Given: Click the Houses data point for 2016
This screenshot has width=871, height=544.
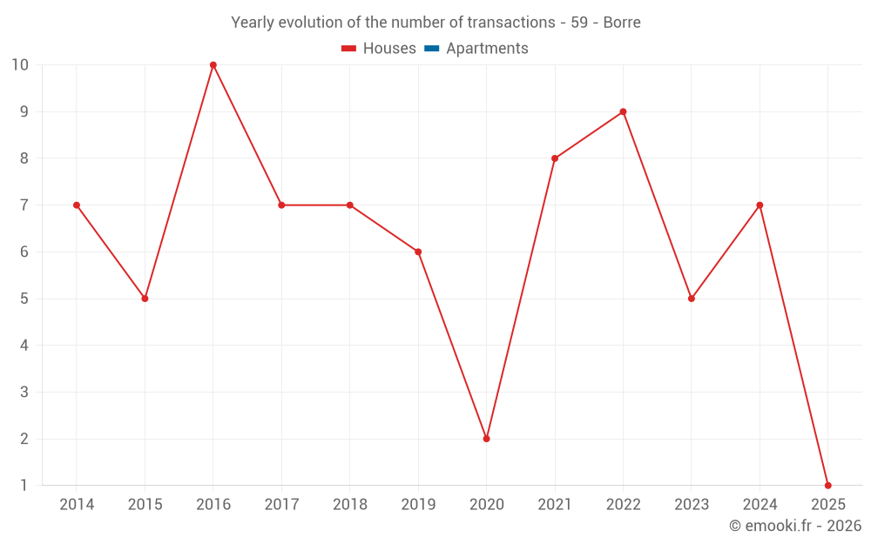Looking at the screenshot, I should tap(213, 65).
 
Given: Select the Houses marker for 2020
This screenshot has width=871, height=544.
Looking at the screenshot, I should tap(486, 439).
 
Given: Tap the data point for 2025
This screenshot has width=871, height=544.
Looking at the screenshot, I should tap(827, 485).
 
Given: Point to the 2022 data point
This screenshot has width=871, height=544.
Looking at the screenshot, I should tap(623, 111).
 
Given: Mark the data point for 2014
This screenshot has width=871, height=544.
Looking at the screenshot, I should tap(77, 205).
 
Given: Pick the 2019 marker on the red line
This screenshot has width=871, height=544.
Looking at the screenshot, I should tap(418, 252).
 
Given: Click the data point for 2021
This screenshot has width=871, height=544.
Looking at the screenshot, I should tap(555, 158).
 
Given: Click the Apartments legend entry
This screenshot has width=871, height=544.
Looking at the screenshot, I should tap(487, 49).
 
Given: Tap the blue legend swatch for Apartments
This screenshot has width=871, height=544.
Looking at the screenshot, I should tap(431, 49).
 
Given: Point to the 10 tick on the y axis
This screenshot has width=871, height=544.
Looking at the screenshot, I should tap(19, 65).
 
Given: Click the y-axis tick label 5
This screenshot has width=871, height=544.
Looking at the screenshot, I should tap(24, 299).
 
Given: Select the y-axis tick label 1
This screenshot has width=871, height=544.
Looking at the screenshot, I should tap(24, 485).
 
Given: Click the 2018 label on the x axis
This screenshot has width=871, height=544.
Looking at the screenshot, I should tap(349, 505).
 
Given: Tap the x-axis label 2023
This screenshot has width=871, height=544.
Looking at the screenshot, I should tap(691, 505).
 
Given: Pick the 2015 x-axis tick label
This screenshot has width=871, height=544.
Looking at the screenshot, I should tap(145, 505).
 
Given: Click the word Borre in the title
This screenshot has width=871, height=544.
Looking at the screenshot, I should tap(622, 23).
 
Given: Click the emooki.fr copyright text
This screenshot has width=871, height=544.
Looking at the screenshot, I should tap(795, 526).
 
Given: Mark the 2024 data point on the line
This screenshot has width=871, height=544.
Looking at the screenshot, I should tap(760, 205).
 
